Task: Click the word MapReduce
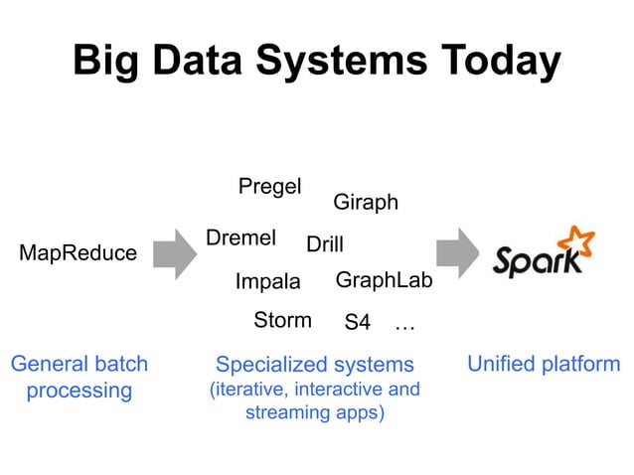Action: (79, 253)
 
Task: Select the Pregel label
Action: (269, 187)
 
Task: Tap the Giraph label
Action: (365, 203)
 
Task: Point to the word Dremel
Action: (240, 238)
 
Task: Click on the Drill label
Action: (324, 244)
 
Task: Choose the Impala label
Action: (267, 282)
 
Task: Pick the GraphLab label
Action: (384, 280)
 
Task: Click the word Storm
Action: (282, 320)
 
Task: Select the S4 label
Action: (357, 323)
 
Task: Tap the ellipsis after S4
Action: (404, 324)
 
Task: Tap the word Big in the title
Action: (109, 61)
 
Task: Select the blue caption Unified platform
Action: (544, 364)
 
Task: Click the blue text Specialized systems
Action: (314, 365)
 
